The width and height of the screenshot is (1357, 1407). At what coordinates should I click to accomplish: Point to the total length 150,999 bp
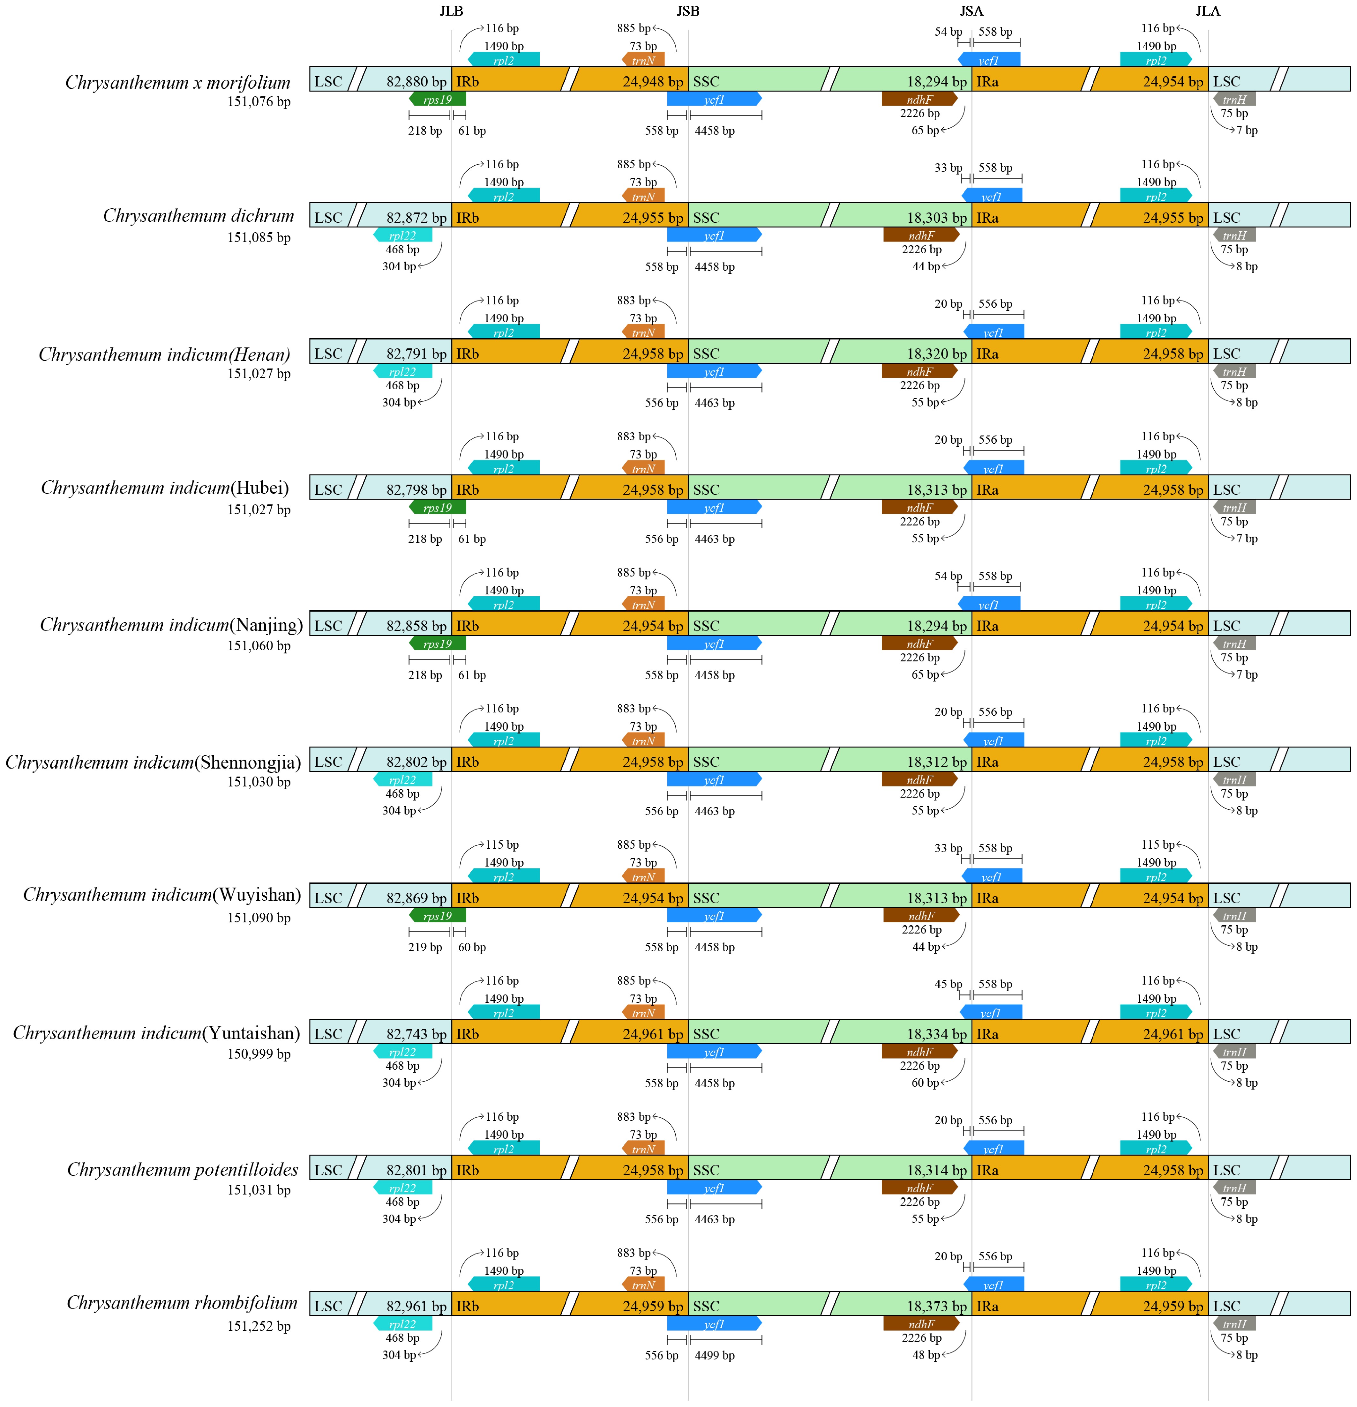tap(259, 1054)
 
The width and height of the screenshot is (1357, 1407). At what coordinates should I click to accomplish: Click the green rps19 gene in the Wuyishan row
tap(437, 916)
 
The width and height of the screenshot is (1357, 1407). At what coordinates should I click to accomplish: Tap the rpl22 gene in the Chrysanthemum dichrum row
tap(403, 235)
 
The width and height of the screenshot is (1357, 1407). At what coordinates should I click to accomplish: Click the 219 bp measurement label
tap(425, 947)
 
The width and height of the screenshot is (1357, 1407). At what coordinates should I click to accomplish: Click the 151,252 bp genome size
tap(259, 1326)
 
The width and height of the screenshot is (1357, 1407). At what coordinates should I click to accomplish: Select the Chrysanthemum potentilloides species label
tap(182, 1169)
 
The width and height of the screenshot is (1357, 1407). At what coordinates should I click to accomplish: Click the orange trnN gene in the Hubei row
tap(643, 469)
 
